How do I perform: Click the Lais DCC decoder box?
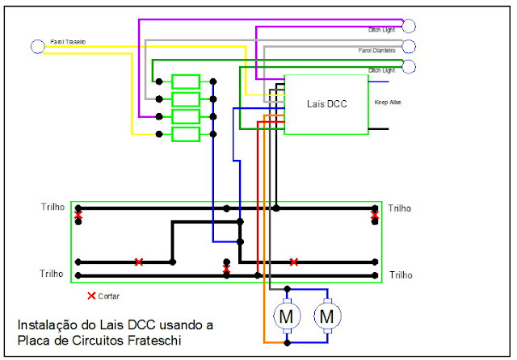pyautogui.click(x=327, y=104)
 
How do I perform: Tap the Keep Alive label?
pyautogui.click(x=388, y=103)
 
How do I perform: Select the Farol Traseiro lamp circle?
pyautogui.click(x=36, y=46)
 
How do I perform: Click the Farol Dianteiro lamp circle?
pyautogui.click(x=409, y=46)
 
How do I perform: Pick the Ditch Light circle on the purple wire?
pyautogui.click(x=409, y=25)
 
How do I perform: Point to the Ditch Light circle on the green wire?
pyautogui.click(x=409, y=66)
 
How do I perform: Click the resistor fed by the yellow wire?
pyautogui.click(x=186, y=134)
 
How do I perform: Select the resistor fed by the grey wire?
pyautogui.click(x=186, y=99)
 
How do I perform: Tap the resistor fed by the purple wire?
pyautogui.click(x=186, y=117)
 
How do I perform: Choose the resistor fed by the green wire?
pyautogui.click(x=186, y=82)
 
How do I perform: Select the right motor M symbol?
pyautogui.click(x=327, y=316)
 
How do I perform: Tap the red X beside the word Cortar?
pyautogui.click(x=90, y=296)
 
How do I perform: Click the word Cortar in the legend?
pyautogui.click(x=108, y=297)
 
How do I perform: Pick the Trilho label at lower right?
pyautogui.click(x=399, y=275)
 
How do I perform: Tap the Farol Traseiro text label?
pyautogui.click(x=68, y=41)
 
